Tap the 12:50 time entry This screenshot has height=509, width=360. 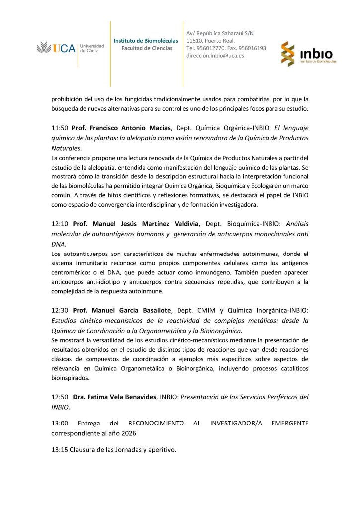click(60, 397)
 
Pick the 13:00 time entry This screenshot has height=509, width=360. click(60, 423)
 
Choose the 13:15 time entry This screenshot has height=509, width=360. click(60, 450)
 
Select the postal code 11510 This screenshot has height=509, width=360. click(194, 40)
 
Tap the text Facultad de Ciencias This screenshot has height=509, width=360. click(147, 48)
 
